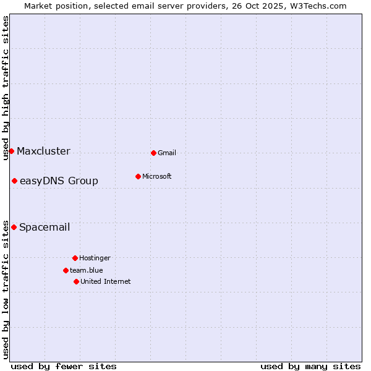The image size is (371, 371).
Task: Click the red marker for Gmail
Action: [x=153, y=153]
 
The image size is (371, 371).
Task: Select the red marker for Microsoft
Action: [x=138, y=176]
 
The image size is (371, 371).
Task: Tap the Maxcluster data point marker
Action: [x=11, y=151]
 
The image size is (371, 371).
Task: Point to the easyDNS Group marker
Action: [x=14, y=181]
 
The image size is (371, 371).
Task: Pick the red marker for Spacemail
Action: [x=14, y=227]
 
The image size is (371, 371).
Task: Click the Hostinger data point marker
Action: [x=75, y=258]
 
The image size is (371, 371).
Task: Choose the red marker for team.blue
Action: [x=66, y=270]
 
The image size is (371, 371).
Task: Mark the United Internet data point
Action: [x=76, y=281]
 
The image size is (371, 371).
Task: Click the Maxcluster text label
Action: [x=43, y=151]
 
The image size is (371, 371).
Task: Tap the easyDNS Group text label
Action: [x=59, y=181]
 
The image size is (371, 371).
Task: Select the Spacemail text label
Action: [x=45, y=228]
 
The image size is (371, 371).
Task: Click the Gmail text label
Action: [x=167, y=153]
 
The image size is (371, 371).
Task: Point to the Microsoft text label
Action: [x=157, y=177]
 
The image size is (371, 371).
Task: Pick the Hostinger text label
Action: [x=95, y=258]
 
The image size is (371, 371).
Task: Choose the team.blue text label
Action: [x=87, y=271]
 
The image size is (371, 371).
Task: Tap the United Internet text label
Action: [x=106, y=282]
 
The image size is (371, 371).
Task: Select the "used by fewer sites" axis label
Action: [x=64, y=366]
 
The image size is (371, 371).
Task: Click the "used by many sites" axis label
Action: [x=310, y=366]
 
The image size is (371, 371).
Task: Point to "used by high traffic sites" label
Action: [x=6, y=88]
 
